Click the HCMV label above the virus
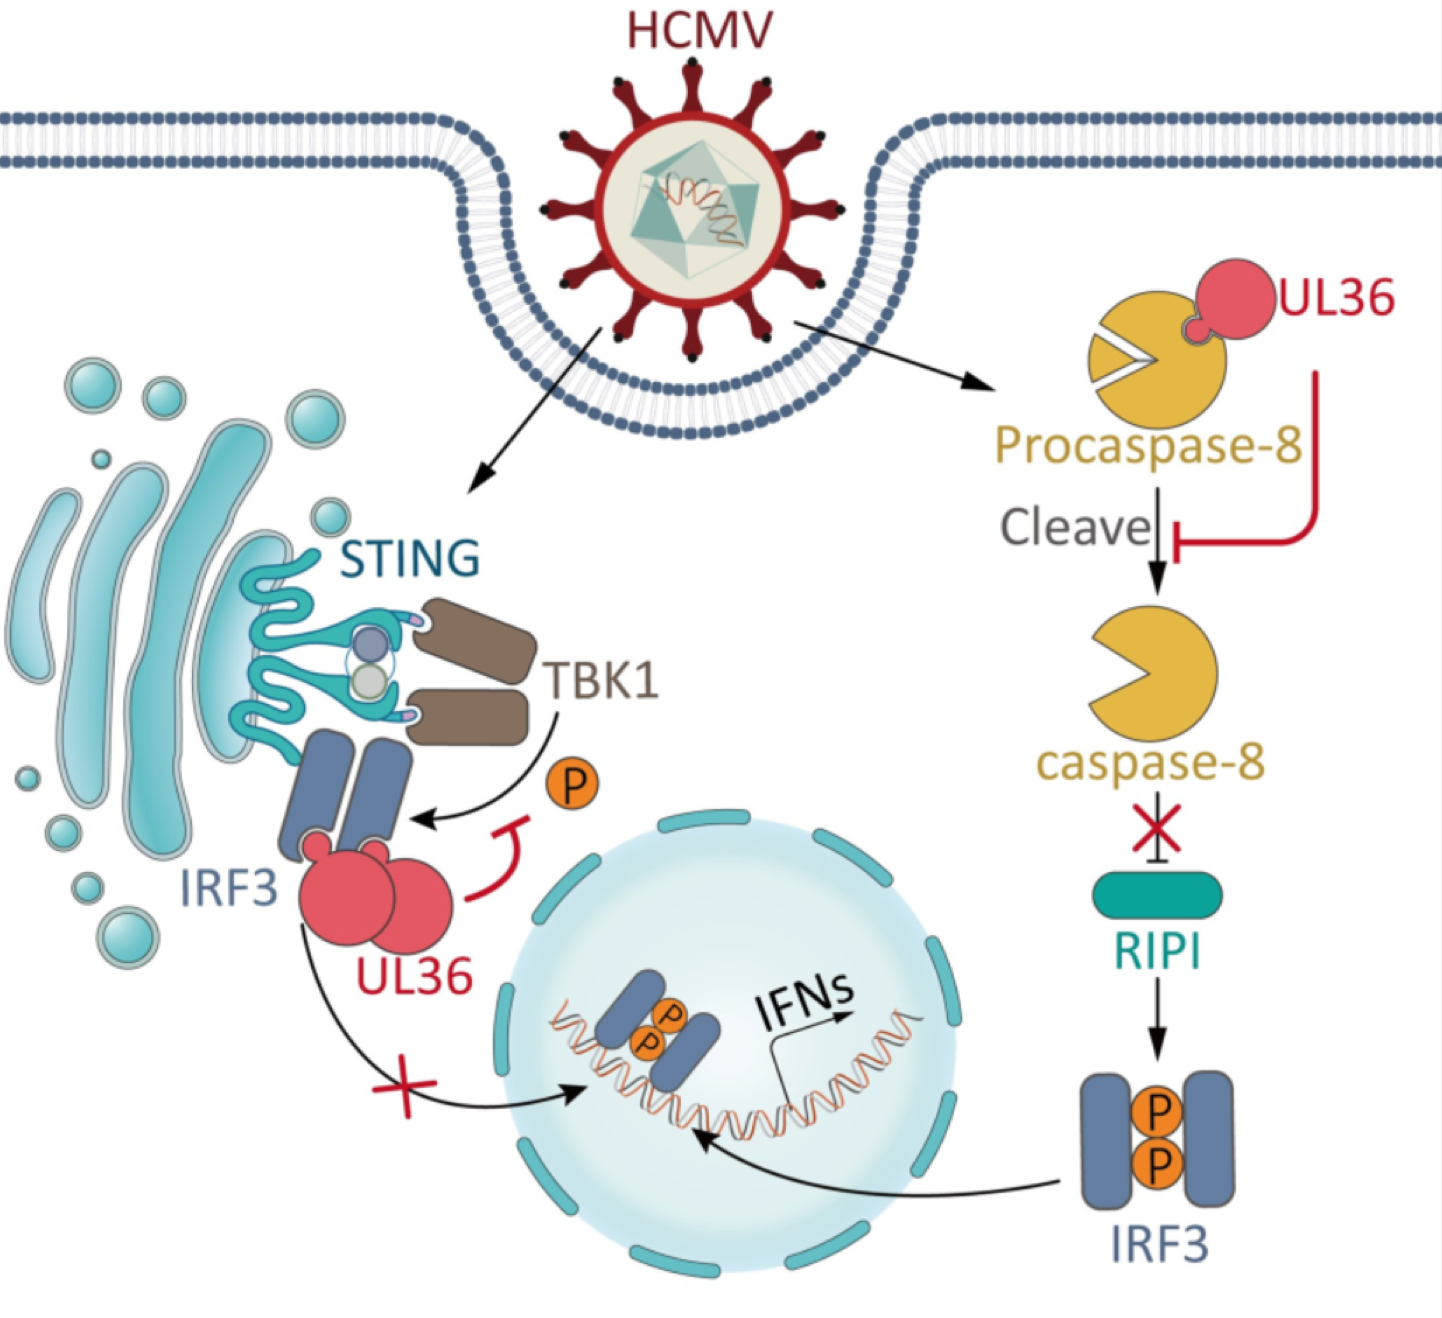click(x=699, y=30)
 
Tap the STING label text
click(x=409, y=558)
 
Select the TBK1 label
click(x=602, y=681)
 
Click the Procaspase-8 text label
click(x=1148, y=443)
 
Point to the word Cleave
click(x=1075, y=526)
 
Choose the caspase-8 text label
click(x=1150, y=762)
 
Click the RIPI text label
click(x=1157, y=951)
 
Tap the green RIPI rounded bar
click(x=1157, y=894)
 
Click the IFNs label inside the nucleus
click(x=805, y=1003)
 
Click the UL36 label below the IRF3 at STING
click(x=414, y=975)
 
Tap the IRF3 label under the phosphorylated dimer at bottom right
click(x=1159, y=1244)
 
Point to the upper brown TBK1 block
click(x=474, y=640)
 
